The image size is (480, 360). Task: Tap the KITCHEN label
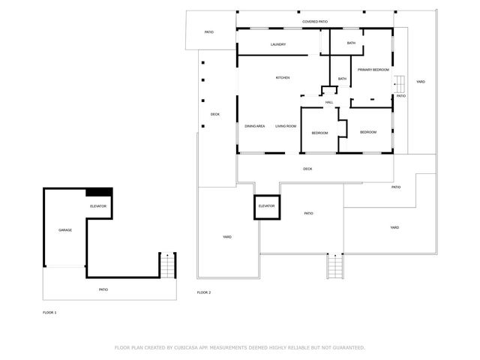(283, 78)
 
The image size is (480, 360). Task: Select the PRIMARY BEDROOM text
(373, 69)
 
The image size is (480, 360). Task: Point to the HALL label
(329, 102)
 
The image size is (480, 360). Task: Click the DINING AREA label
(255, 126)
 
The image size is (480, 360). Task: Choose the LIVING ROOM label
(286, 126)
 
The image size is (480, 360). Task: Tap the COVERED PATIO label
(315, 22)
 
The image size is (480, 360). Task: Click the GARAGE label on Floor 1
(65, 229)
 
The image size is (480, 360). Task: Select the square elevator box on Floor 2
(266, 206)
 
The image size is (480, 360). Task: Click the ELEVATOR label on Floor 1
(98, 205)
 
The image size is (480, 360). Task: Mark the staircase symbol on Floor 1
(167, 265)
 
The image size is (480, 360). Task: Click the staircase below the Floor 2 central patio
(335, 266)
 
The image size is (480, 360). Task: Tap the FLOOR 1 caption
(49, 311)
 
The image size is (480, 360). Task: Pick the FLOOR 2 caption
(204, 292)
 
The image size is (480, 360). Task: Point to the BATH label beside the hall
(342, 79)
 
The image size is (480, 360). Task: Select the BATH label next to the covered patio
(351, 43)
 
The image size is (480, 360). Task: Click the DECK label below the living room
(307, 169)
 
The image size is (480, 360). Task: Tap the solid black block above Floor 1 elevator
(99, 192)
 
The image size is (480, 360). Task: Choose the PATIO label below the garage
(103, 289)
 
